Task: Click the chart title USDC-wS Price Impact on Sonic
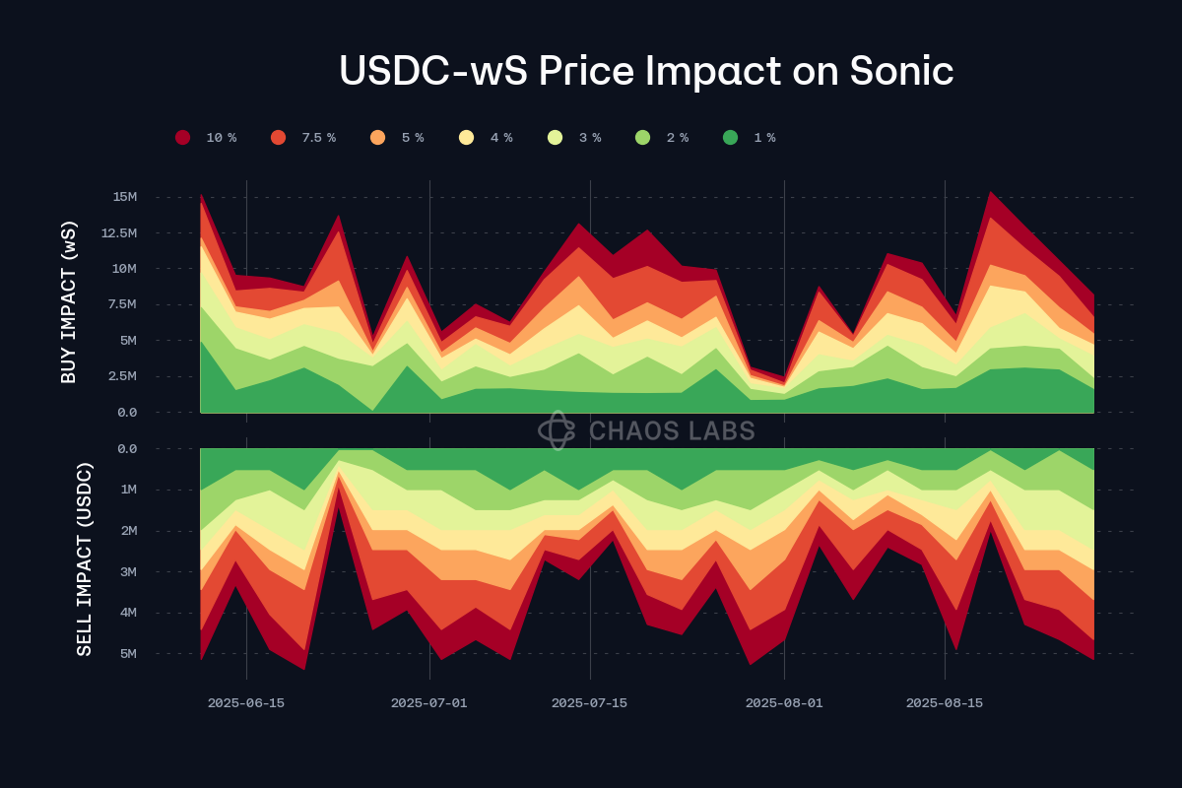pyautogui.click(x=646, y=71)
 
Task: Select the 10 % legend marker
pyautogui.click(x=183, y=138)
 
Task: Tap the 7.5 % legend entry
pyautogui.click(x=304, y=138)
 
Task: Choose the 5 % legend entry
pyautogui.click(x=398, y=138)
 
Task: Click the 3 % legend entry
pyautogui.click(x=575, y=138)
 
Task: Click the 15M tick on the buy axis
pyautogui.click(x=125, y=197)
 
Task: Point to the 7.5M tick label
pyautogui.click(x=121, y=304)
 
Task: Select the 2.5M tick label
pyautogui.click(x=121, y=376)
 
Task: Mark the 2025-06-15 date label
pyautogui.click(x=246, y=703)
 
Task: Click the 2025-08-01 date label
pyautogui.click(x=784, y=703)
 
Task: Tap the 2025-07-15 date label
pyautogui.click(x=589, y=703)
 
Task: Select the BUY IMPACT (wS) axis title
pyautogui.click(x=69, y=303)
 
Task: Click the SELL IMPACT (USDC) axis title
pyautogui.click(x=85, y=558)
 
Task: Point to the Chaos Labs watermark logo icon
pyautogui.click(x=558, y=430)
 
